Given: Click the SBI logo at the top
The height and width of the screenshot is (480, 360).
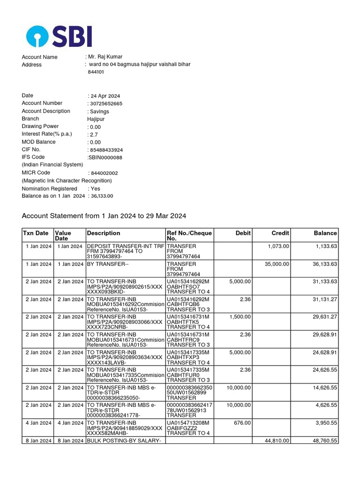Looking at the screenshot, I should [x=59, y=36].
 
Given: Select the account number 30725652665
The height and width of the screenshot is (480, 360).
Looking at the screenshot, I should [x=105, y=104].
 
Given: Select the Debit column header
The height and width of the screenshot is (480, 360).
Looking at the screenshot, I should [x=243, y=233].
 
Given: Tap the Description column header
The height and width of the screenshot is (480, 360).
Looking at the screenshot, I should [x=104, y=233].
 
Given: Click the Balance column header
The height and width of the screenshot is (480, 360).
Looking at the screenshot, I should [x=325, y=233].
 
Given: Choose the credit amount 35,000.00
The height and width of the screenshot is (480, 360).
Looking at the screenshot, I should [x=277, y=264].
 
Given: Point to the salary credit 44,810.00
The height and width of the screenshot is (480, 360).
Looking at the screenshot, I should [x=277, y=441].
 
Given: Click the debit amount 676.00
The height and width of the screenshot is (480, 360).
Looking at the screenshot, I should [x=242, y=423].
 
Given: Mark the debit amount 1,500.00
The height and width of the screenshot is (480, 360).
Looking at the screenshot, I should [x=240, y=317].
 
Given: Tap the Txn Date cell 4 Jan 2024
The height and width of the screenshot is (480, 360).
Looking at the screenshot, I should [x=38, y=423].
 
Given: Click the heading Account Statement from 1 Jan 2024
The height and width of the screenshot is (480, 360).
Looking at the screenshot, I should [x=104, y=216].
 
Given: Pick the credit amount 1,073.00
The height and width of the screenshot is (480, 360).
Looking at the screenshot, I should [x=278, y=246].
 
